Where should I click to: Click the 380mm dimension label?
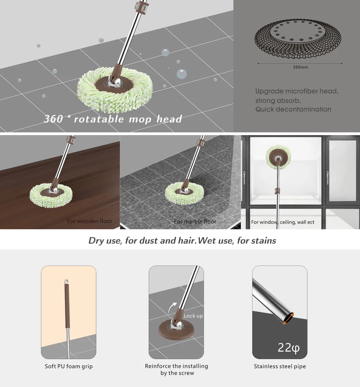click(300, 67)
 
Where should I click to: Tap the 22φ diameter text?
click(289, 347)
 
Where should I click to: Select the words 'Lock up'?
click(193, 316)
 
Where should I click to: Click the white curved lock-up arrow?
click(173, 306)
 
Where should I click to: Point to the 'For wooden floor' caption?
click(90, 221)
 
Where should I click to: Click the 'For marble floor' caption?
click(195, 222)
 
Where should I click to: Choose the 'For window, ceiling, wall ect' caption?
click(282, 222)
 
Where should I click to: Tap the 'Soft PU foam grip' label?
click(69, 366)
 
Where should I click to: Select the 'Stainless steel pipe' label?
click(280, 366)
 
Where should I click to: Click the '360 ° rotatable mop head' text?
click(113, 119)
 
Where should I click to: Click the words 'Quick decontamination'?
click(293, 109)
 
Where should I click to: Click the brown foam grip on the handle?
click(67, 304)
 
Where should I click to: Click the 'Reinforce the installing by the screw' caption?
click(176, 370)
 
